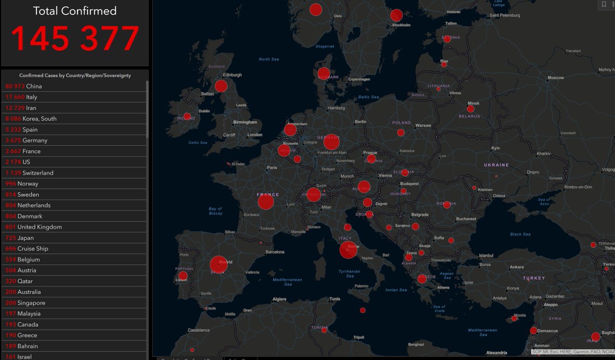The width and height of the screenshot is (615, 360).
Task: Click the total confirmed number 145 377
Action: pyautogui.click(x=75, y=38)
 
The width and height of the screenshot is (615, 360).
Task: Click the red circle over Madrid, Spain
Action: pyautogui.click(x=219, y=265)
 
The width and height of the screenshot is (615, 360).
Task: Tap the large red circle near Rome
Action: pyautogui.click(x=348, y=250)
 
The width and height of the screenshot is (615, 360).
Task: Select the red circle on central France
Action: pyautogui.click(x=266, y=202)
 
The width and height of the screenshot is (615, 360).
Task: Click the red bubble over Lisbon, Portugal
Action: pyautogui.click(x=183, y=276)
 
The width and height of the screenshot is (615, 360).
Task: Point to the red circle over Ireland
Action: pyautogui.click(x=187, y=117)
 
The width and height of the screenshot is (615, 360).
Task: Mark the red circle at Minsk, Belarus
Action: pyautogui.click(x=470, y=109)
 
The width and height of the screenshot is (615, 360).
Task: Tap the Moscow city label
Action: pyautogui.click(x=556, y=78)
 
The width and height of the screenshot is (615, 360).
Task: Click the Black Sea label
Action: pyautogui.click(x=520, y=234)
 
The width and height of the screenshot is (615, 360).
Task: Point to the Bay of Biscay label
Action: pyautogui.click(x=216, y=211)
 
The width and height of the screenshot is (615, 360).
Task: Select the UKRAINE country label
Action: pyautogui.click(x=497, y=165)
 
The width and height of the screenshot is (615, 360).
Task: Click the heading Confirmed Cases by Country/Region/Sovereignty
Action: pyautogui.click(x=75, y=75)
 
